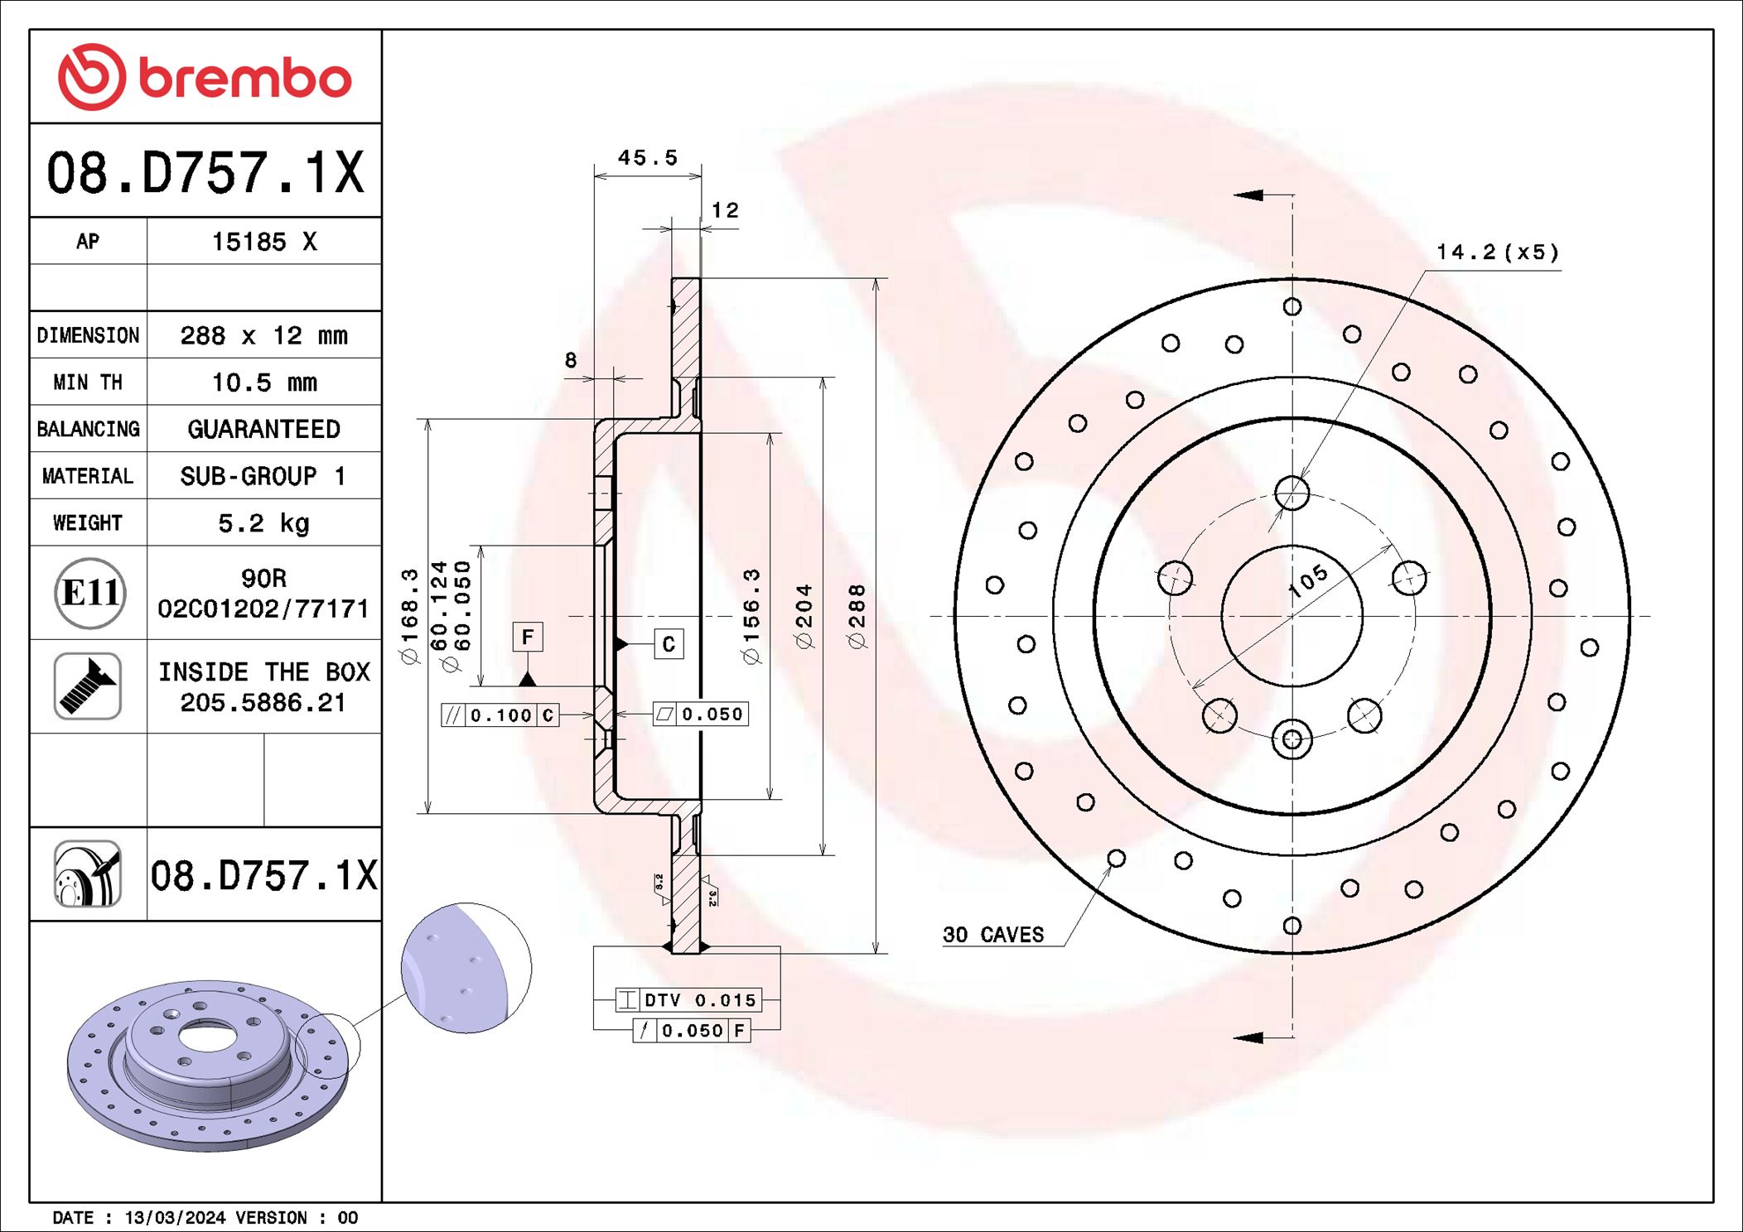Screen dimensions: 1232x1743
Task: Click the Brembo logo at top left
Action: tap(205, 77)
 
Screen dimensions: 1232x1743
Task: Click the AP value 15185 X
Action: tap(263, 242)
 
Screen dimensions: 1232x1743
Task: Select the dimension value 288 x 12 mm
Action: tap(263, 335)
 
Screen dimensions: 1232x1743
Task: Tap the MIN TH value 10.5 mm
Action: tap(263, 383)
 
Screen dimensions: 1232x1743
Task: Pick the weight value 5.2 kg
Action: tap(263, 523)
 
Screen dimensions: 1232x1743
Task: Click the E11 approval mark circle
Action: tap(89, 593)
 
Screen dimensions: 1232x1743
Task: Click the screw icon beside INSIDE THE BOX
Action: tap(88, 686)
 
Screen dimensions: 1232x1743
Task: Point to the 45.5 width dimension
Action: tap(647, 157)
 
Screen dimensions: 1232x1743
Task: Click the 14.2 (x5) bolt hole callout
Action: tap(1497, 253)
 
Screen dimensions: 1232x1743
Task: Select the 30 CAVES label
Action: tap(992, 935)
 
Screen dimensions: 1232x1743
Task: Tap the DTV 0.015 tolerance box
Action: tap(688, 1000)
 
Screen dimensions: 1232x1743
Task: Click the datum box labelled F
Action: tap(528, 637)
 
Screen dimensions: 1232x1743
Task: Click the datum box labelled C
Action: tap(669, 644)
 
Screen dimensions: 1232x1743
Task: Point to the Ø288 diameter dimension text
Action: tap(857, 616)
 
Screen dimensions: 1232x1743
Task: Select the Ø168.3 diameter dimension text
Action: tap(409, 616)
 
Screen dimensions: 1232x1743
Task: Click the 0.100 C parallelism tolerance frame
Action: tap(500, 715)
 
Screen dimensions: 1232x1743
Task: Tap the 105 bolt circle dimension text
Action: tap(1308, 581)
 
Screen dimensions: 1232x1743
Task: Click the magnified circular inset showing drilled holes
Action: tap(466, 968)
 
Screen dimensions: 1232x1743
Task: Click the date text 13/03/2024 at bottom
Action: tap(175, 1218)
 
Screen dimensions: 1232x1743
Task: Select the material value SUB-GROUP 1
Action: tap(263, 476)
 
